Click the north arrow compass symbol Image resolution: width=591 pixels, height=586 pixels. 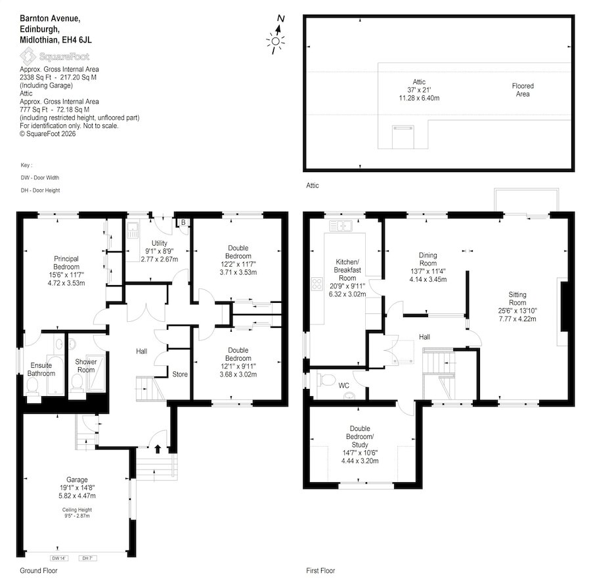(276, 35)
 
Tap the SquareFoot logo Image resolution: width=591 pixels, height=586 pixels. (55, 56)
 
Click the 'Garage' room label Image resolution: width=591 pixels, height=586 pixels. (77, 480)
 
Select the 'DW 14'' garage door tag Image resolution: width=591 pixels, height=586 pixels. (58, 558)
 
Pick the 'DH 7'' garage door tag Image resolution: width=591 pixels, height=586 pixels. (87, 558)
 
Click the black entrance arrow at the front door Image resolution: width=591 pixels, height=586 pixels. (158, 449)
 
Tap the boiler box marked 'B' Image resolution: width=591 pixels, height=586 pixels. (183, 223)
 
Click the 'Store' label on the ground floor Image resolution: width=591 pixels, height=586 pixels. (180, 374)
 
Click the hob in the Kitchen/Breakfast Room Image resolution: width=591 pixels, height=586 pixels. (317, 284)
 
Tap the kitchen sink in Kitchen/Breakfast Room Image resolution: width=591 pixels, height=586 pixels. (341, 226)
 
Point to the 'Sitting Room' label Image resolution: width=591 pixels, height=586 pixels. (517, 299)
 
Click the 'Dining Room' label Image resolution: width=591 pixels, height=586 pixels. (427, 259)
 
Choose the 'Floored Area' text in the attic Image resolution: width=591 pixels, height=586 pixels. (523, 90)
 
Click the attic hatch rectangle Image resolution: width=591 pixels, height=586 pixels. (403, 137)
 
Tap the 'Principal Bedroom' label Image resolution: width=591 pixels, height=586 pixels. (66, 263)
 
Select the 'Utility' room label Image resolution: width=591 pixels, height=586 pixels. (160, 243)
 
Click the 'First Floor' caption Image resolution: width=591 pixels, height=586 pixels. (320, 570)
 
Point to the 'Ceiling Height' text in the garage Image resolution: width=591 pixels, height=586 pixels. (77, 509)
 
